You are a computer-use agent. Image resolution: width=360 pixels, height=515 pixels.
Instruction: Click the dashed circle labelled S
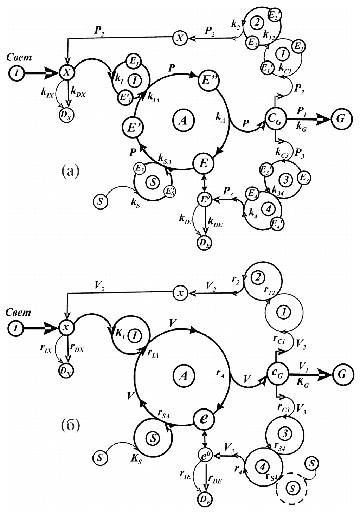tap(291, 488)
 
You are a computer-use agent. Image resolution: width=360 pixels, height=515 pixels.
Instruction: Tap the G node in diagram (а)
tap(340, 119)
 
